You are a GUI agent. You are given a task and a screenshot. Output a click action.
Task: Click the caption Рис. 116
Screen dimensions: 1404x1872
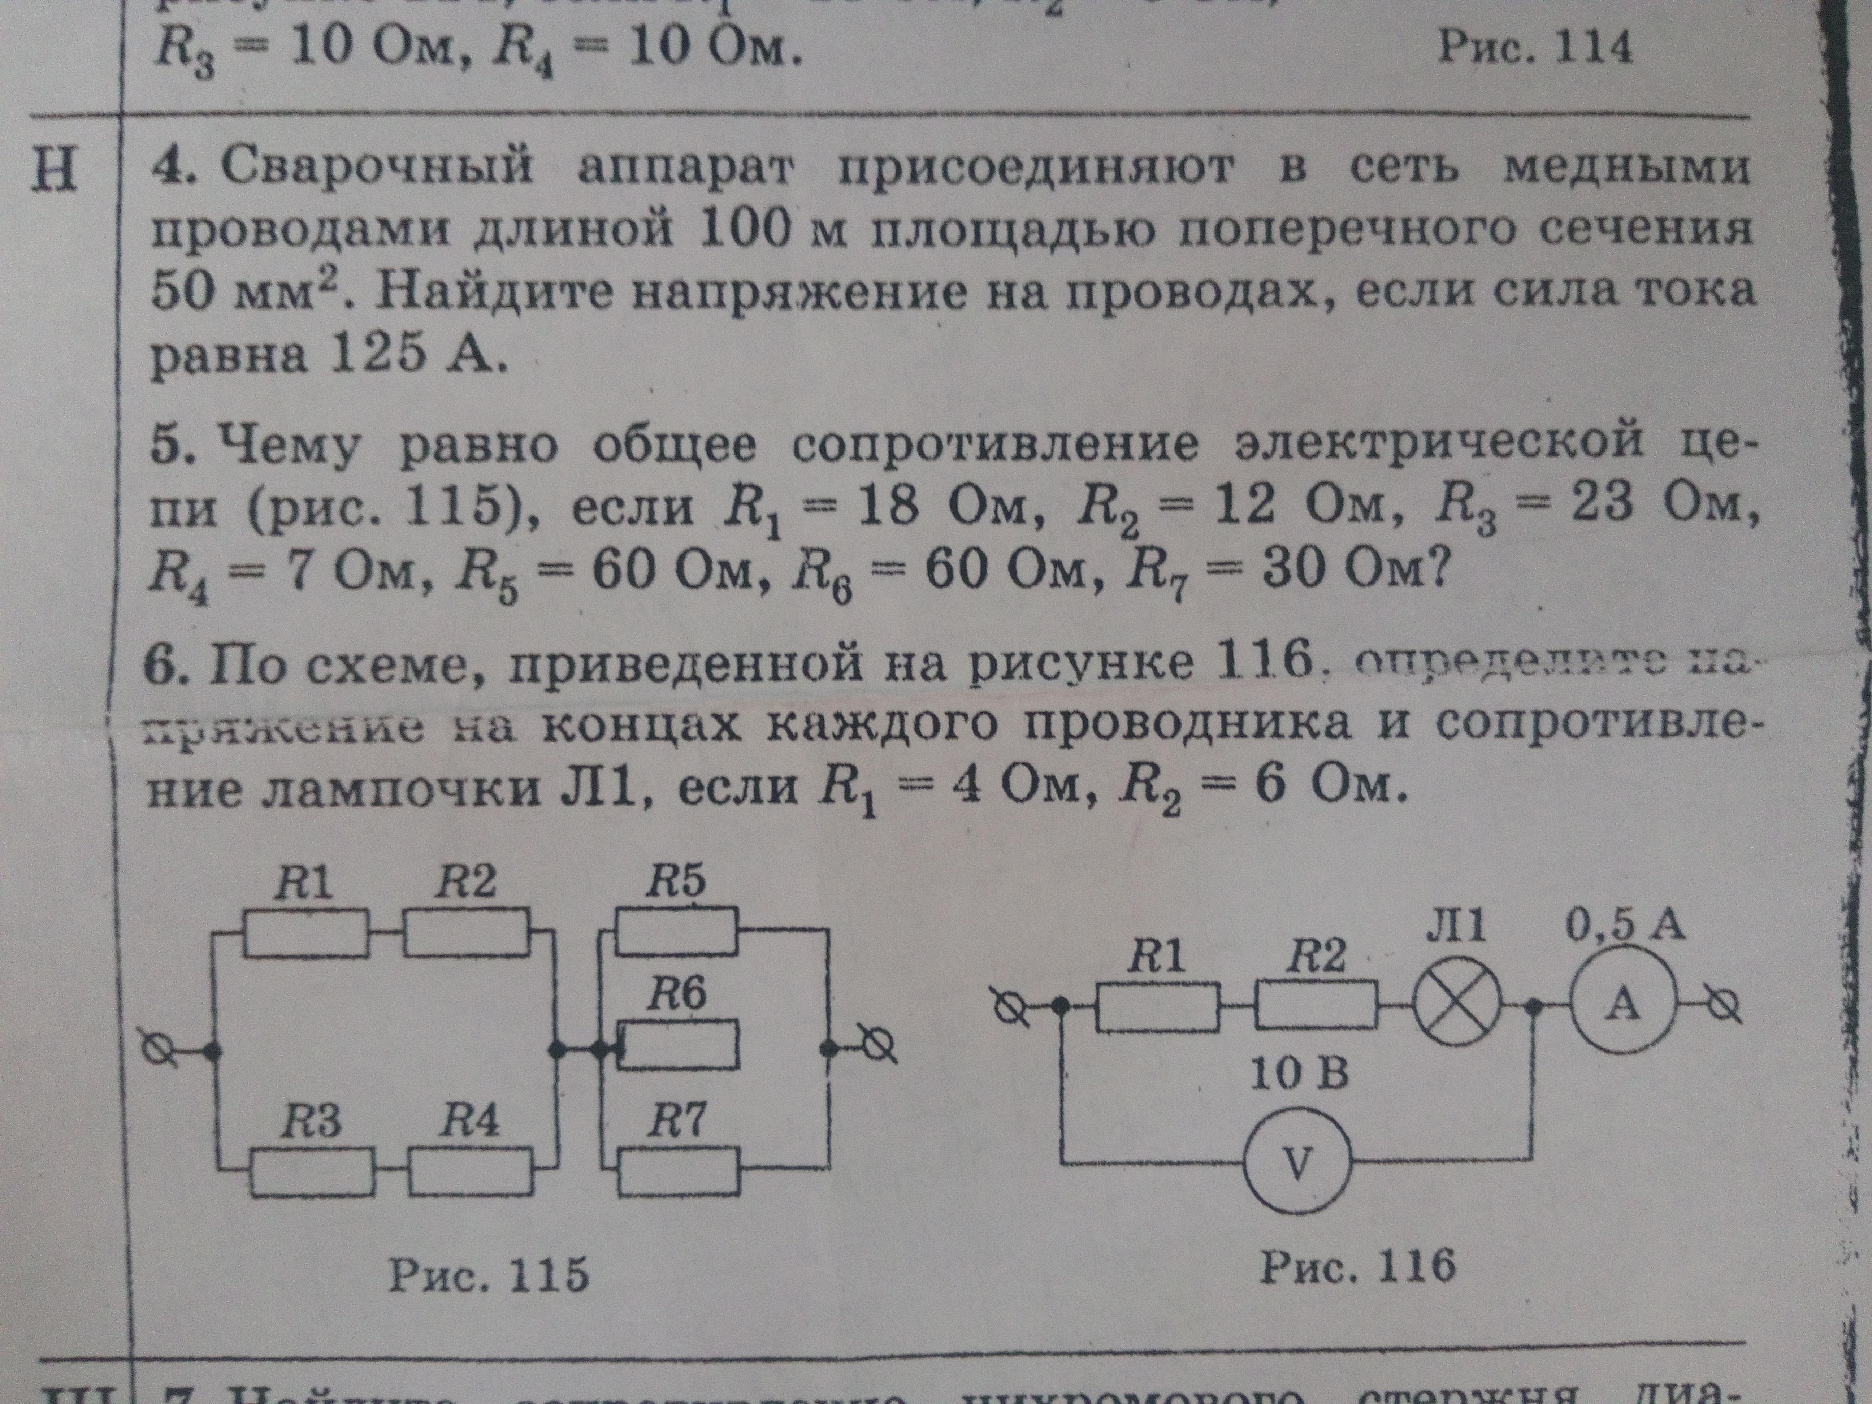click(1358, 1267)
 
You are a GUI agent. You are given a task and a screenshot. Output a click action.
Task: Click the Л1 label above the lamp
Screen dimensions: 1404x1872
click(1454, 928)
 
